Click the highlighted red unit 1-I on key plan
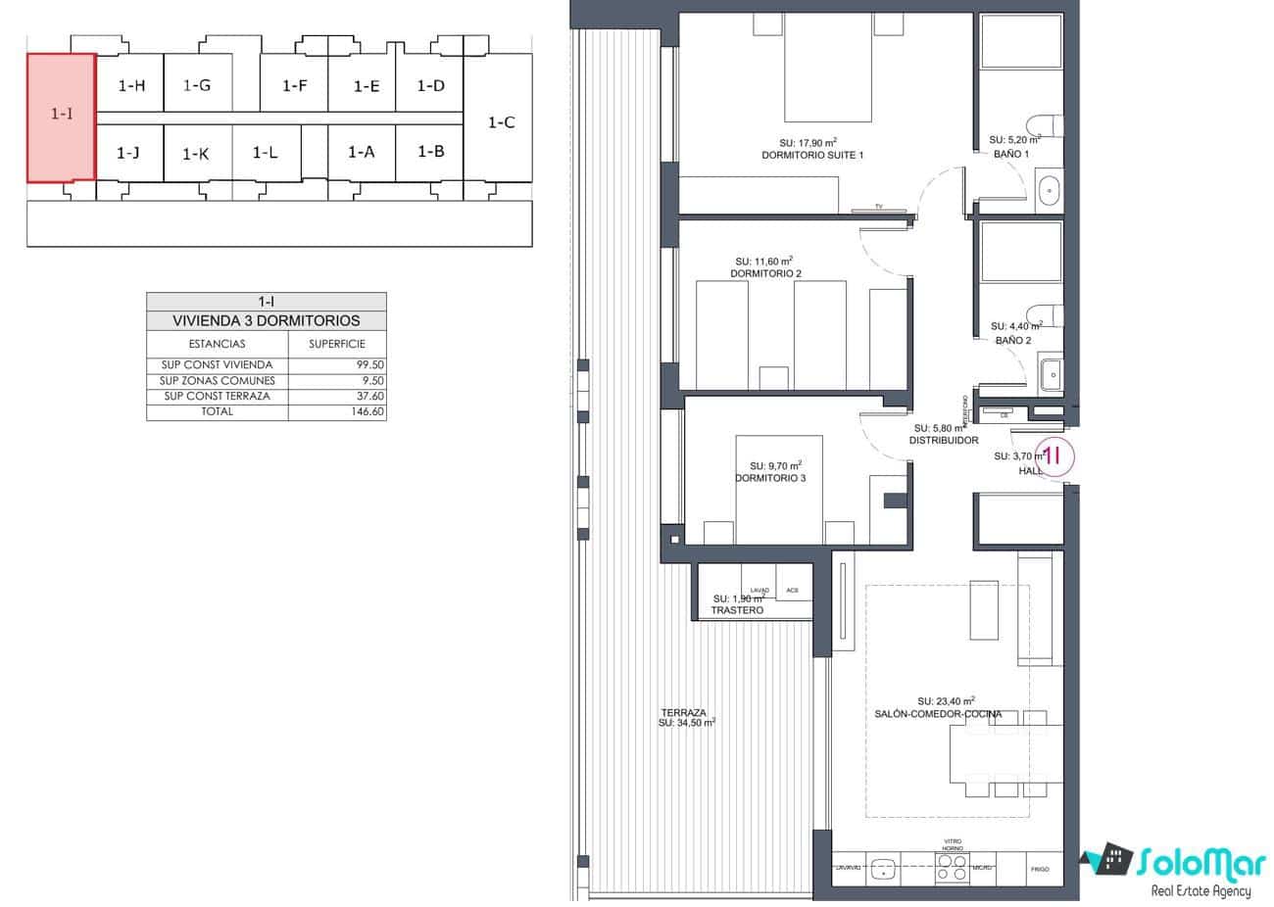[x=61, y=117]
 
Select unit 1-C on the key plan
[x=501, y=122]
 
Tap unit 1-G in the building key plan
[x=197, y=85]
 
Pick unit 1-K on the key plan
[x=196, y=154]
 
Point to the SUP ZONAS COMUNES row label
[x=218, y=381]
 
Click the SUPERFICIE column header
[x=337, y=344]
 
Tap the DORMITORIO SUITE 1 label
[x=811, y=156]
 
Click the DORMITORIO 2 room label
[x=765, y=273]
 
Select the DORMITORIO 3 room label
[x=770, y=478]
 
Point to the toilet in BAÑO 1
[x=1041, y=125]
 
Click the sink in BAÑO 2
[x=1050, y=372]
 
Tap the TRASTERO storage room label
[x=737, y=610]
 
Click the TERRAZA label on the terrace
[x=684, y=713]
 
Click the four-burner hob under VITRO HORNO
[x=952, y=867]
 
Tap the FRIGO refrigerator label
[x=1039, y=869]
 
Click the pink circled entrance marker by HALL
[x=1054, y=455]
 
